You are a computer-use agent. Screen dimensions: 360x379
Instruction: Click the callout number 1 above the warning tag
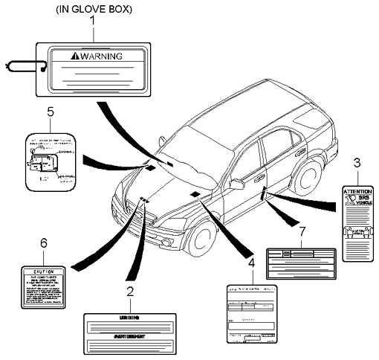click(x=92, y=23)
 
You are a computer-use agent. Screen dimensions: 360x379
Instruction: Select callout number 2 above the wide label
click(x=129, y=292)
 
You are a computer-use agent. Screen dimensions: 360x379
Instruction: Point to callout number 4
click(x=250, y=263)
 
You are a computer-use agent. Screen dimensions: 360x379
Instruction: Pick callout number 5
click(x=51, y=113)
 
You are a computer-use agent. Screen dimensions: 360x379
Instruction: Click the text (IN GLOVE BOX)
click(x=92, y=9)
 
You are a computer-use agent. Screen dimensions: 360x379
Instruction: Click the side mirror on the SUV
click(x=236, y=183)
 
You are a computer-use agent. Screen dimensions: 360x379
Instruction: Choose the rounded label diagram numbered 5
click(x=50, y=160)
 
